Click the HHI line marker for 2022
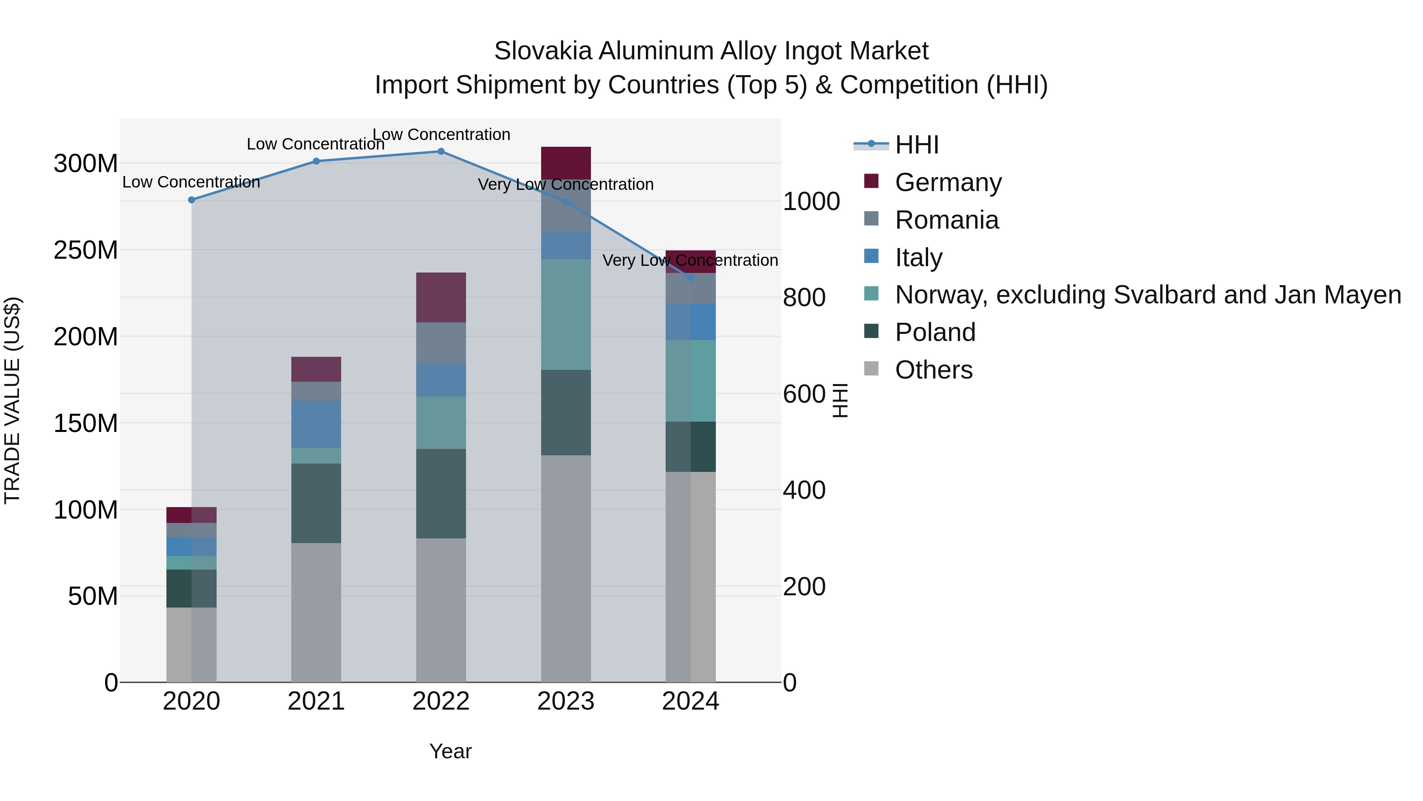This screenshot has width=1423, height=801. pos(441,151)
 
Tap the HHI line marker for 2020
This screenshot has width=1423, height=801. pos(191,200)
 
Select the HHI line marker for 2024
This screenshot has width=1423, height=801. pos(691,278)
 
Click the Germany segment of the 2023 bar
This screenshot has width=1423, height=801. pos(566,163)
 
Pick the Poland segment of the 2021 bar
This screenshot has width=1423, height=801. pos(316,503)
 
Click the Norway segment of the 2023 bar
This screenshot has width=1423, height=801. pos(566,314)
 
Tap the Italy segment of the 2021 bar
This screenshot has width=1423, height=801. pos(316,424)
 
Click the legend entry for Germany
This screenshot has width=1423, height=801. pos(948,182)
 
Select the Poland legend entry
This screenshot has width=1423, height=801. pos(935,332)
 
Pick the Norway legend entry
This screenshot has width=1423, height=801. pos(1147,295)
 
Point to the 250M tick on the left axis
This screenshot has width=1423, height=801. pos(86,250)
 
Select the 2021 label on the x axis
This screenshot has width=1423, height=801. pos(316,701)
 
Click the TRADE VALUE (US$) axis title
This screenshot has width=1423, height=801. pos(12,400)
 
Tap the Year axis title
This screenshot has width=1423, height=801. pos(450,751)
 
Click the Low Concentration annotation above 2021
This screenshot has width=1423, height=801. pos(315,144)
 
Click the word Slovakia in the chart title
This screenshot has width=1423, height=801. pos(543,51)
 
